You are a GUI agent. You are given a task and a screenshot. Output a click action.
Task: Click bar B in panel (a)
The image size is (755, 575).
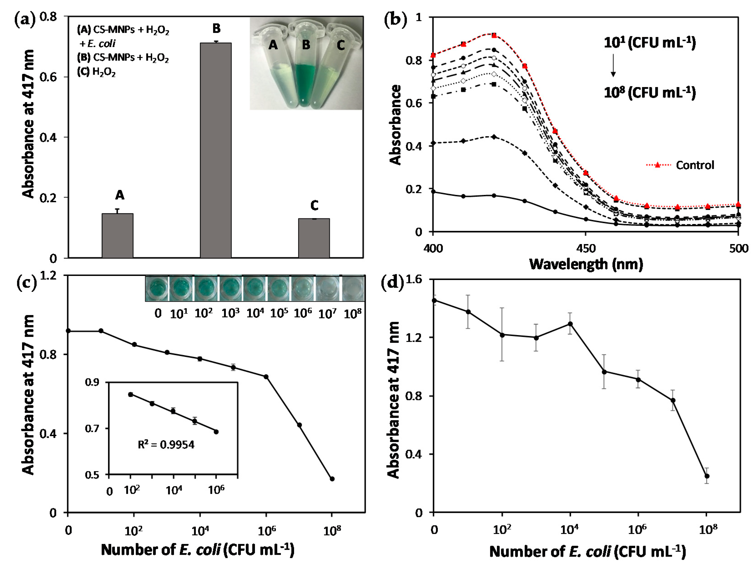pos(216,151)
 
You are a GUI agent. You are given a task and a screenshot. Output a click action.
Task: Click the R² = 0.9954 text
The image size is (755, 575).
pos(166,445)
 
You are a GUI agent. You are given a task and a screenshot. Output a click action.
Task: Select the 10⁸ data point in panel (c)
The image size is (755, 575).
pos(332,479)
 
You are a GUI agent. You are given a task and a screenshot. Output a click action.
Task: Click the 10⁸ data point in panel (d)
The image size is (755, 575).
pos(707,476)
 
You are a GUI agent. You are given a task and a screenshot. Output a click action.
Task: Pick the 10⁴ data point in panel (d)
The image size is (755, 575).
pos(570,324)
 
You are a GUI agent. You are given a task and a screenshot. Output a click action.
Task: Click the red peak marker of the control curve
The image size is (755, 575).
pos(494,35)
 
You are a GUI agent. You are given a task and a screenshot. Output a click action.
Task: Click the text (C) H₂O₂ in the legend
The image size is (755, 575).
pos(96,72)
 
